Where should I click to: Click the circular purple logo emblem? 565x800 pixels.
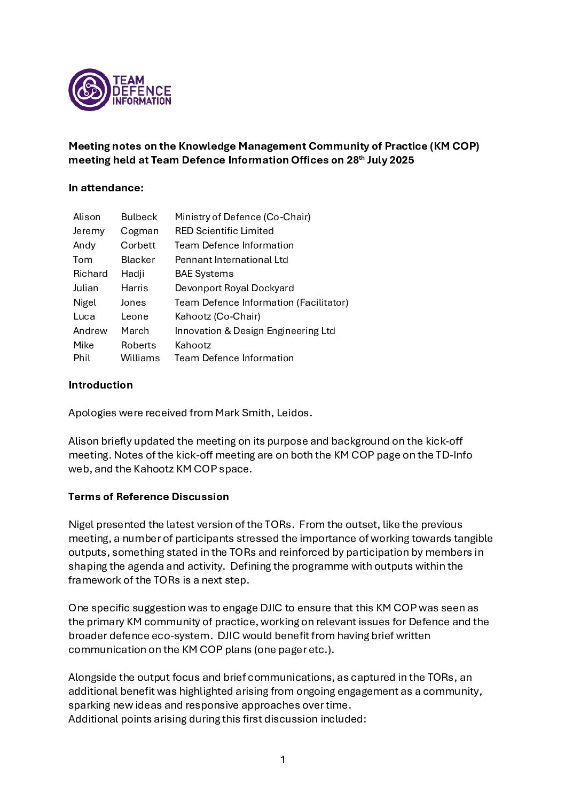point(89,90)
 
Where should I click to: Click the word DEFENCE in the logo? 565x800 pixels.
point(142,91)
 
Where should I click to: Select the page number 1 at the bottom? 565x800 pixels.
point(282,759)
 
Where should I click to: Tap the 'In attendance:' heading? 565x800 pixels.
point(106,188)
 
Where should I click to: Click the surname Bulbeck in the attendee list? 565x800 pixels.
point(139,217)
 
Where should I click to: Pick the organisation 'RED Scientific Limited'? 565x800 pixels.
point(224,231)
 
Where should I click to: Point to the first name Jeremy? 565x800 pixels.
point(89,231)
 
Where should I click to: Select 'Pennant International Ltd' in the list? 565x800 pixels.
point(231,260)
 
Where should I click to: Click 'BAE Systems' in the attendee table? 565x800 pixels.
point(204,274)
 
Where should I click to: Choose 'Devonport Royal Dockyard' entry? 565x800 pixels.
point(234,288)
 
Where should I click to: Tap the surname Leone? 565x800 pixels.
point(135,316)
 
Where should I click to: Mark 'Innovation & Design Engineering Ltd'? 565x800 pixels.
point(255,331)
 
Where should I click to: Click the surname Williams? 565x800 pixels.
point(140,358)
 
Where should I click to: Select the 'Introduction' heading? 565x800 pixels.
point(100,385)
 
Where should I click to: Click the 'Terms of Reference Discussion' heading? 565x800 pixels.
point(148,497)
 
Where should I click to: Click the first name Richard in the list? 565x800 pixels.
point(90,274)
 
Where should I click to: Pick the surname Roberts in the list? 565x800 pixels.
point(138,345)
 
